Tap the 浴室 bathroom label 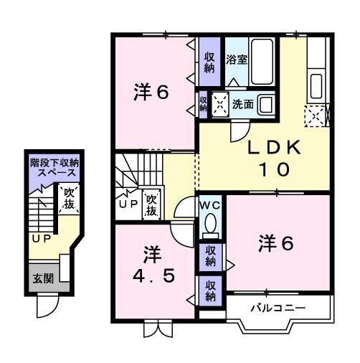[x=237, y=60]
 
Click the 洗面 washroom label [x=242, y=104]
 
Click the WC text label [x=211, y=206]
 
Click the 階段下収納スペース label [x=55, y=169]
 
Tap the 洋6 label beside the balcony [x=276, y=243]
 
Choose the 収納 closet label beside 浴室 [x=209, y=62]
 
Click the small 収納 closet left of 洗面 [x=204, y=105]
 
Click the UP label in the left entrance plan [x=40, y=238]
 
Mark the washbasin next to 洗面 [x=267, y=105]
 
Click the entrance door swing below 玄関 [x=48, y=307]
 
